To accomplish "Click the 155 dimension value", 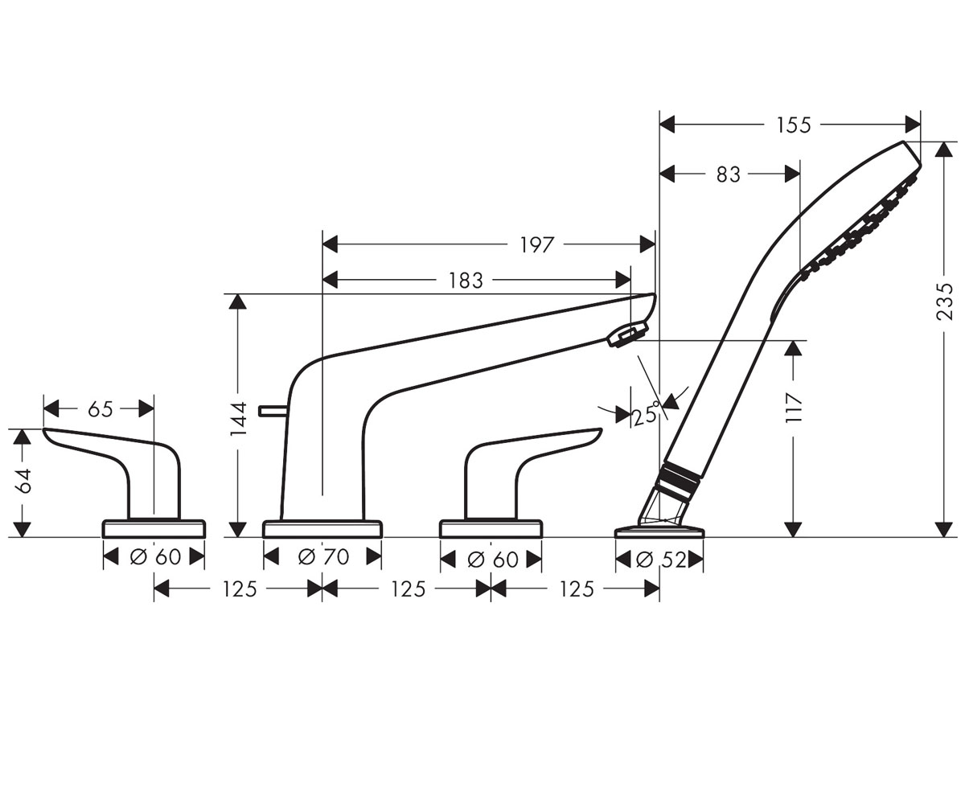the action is [793, 125].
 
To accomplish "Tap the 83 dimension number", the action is [729, 174].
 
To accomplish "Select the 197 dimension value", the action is [536, 245].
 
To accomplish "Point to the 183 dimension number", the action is [466, 281].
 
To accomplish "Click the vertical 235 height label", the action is [944, 302].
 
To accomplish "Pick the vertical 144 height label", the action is [239, 419].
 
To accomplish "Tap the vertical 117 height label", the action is [793, 407].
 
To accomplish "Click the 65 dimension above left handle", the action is [101, 409].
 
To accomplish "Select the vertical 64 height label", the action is [23, 481].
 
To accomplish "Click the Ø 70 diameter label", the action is [323, 557].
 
